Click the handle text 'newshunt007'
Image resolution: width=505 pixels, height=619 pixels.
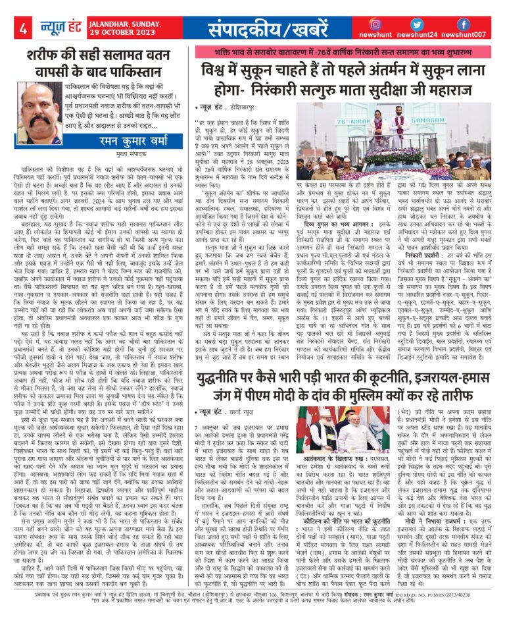[x=464, y=35]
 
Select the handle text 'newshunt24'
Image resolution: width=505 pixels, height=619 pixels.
[x=419, y=35]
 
